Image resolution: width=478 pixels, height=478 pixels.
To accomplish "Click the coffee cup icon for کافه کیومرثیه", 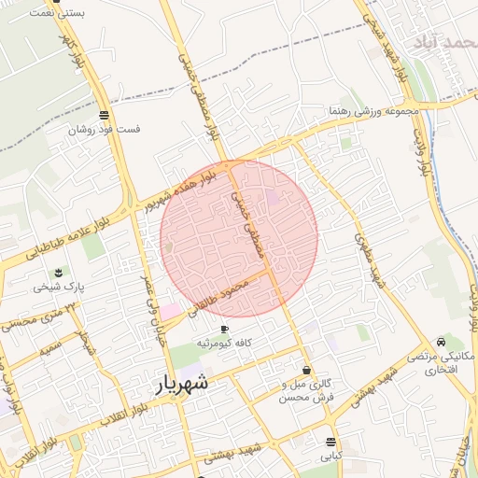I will [224, 330].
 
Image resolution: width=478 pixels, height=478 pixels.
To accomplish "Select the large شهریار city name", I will [179, 384].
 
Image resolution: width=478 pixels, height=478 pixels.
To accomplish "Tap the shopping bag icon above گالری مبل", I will [307, 371].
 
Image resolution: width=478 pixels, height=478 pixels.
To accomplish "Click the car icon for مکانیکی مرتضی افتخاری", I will [442, 342].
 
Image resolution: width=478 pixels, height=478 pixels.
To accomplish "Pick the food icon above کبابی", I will [331, 442].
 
